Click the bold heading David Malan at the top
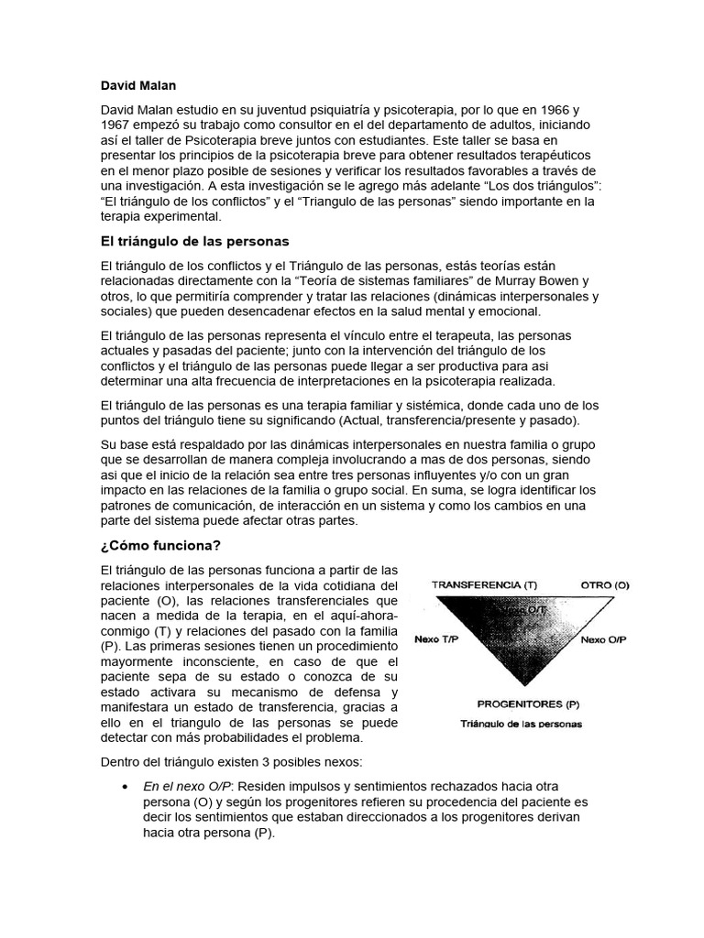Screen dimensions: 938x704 [x=138, y=85]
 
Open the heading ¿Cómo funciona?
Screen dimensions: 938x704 [x=160, y=546]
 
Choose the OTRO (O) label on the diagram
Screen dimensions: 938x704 [x=604, y=584]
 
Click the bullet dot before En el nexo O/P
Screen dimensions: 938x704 [x=124, y=787]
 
